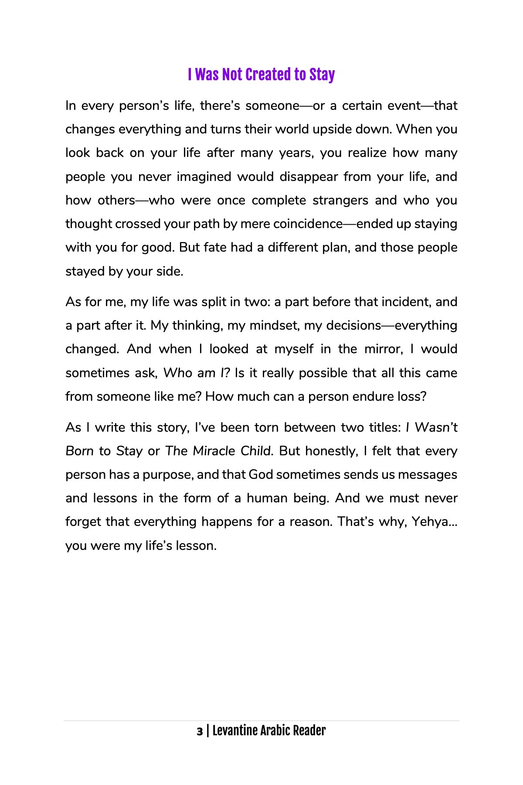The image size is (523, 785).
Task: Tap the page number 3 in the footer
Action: [200, 731]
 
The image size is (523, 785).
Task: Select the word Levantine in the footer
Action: [234, 731]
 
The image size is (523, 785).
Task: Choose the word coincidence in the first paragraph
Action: [308, 224]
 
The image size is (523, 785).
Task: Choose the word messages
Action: [427, 474]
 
